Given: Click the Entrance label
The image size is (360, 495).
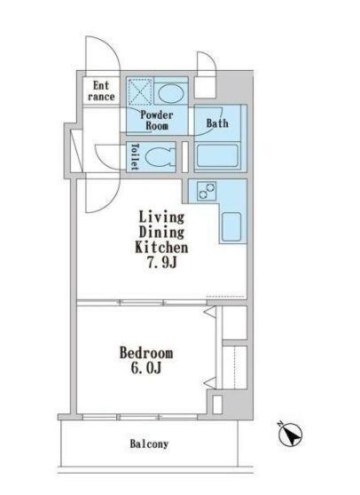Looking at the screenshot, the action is [101, 90].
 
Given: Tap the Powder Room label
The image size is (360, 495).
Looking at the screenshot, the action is [157, 120].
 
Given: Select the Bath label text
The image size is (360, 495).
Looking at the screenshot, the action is [217, 122].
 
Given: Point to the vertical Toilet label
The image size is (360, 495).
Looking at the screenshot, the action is [135, 157].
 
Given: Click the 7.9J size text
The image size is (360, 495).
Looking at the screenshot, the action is [161, 263].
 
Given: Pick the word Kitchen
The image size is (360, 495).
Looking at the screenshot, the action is [161, 247].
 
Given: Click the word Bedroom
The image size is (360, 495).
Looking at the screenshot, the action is [146, 353].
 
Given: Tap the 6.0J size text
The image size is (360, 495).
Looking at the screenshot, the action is [146, 368].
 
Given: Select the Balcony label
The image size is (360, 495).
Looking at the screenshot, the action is [149, 444].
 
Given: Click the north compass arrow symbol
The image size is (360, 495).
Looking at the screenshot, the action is [291, 435].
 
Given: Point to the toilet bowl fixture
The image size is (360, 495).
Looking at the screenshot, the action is [160, 157].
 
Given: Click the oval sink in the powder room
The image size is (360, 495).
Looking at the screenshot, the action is [170, 93].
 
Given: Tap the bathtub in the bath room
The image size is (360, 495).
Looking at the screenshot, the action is [217, 156].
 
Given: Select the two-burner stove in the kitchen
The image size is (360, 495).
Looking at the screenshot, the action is [207, 191].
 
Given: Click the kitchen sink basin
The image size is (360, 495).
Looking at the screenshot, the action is [231, 226].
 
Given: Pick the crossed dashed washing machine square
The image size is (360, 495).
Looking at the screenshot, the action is [140, 90].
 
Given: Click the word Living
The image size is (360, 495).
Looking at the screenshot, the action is [161, 217].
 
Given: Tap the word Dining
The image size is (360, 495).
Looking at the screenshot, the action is [161, 232].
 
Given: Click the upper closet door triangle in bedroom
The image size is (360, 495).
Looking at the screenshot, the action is [210, 312].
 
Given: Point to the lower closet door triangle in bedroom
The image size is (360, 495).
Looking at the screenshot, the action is [210, 382].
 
